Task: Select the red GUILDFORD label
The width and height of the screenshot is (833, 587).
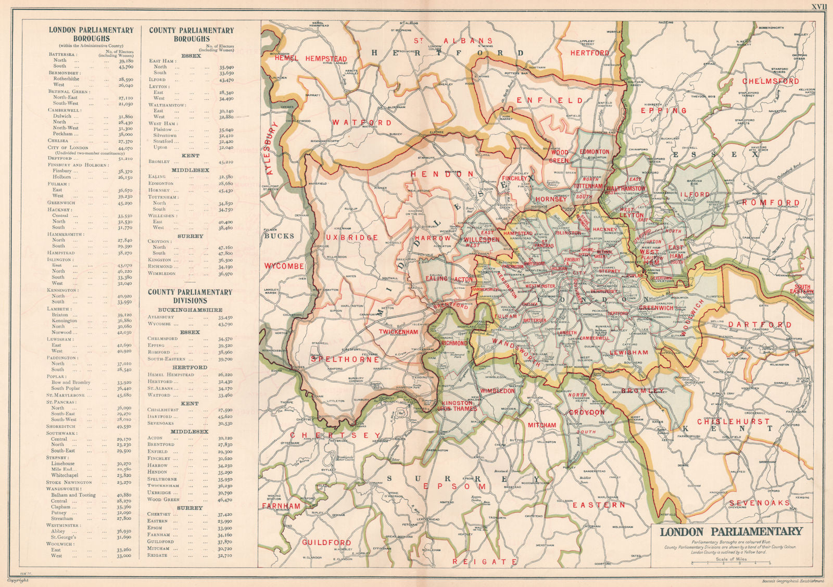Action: pyautogui.click(x=326, y=543)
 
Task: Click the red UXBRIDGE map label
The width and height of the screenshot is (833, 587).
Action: pyautogui.click(x=352, y=237)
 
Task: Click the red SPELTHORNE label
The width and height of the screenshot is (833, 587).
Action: pyautogui.click(x=345, y=359)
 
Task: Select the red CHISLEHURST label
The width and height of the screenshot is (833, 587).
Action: pyautogui.click(x=733, y=421)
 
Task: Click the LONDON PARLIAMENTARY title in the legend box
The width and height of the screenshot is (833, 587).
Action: pyautogui.click(x=731, y=532)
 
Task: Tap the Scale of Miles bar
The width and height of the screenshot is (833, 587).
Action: pyautogui.click(x=731, y=564)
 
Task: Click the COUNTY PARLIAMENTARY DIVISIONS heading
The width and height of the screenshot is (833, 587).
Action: pyautogui.click(x=190, y=296)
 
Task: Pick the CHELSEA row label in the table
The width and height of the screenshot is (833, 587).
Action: pyautogui.click(x=58, y=141)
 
